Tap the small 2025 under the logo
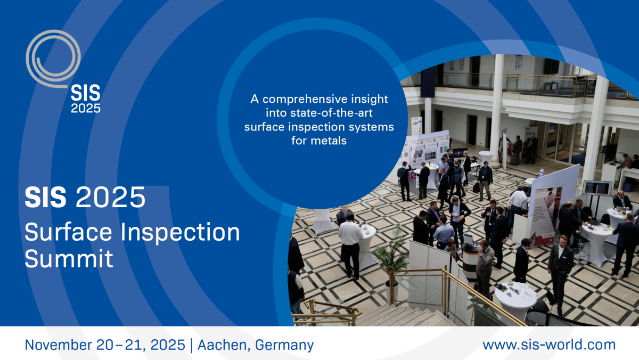click(x=86, y=109)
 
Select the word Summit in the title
click(x=69, y=258)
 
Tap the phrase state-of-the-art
click(x=331, y=113)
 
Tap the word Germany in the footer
click(x=284, y=346)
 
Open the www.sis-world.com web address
click(x=549, y=345)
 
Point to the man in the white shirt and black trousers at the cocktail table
click(x=350, y=246)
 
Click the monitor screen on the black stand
click(x=597, y=188)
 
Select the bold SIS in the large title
click(x=46, y=198)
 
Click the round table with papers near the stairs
click(x=515, y=299)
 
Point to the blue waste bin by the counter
click(x=628, y=187)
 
